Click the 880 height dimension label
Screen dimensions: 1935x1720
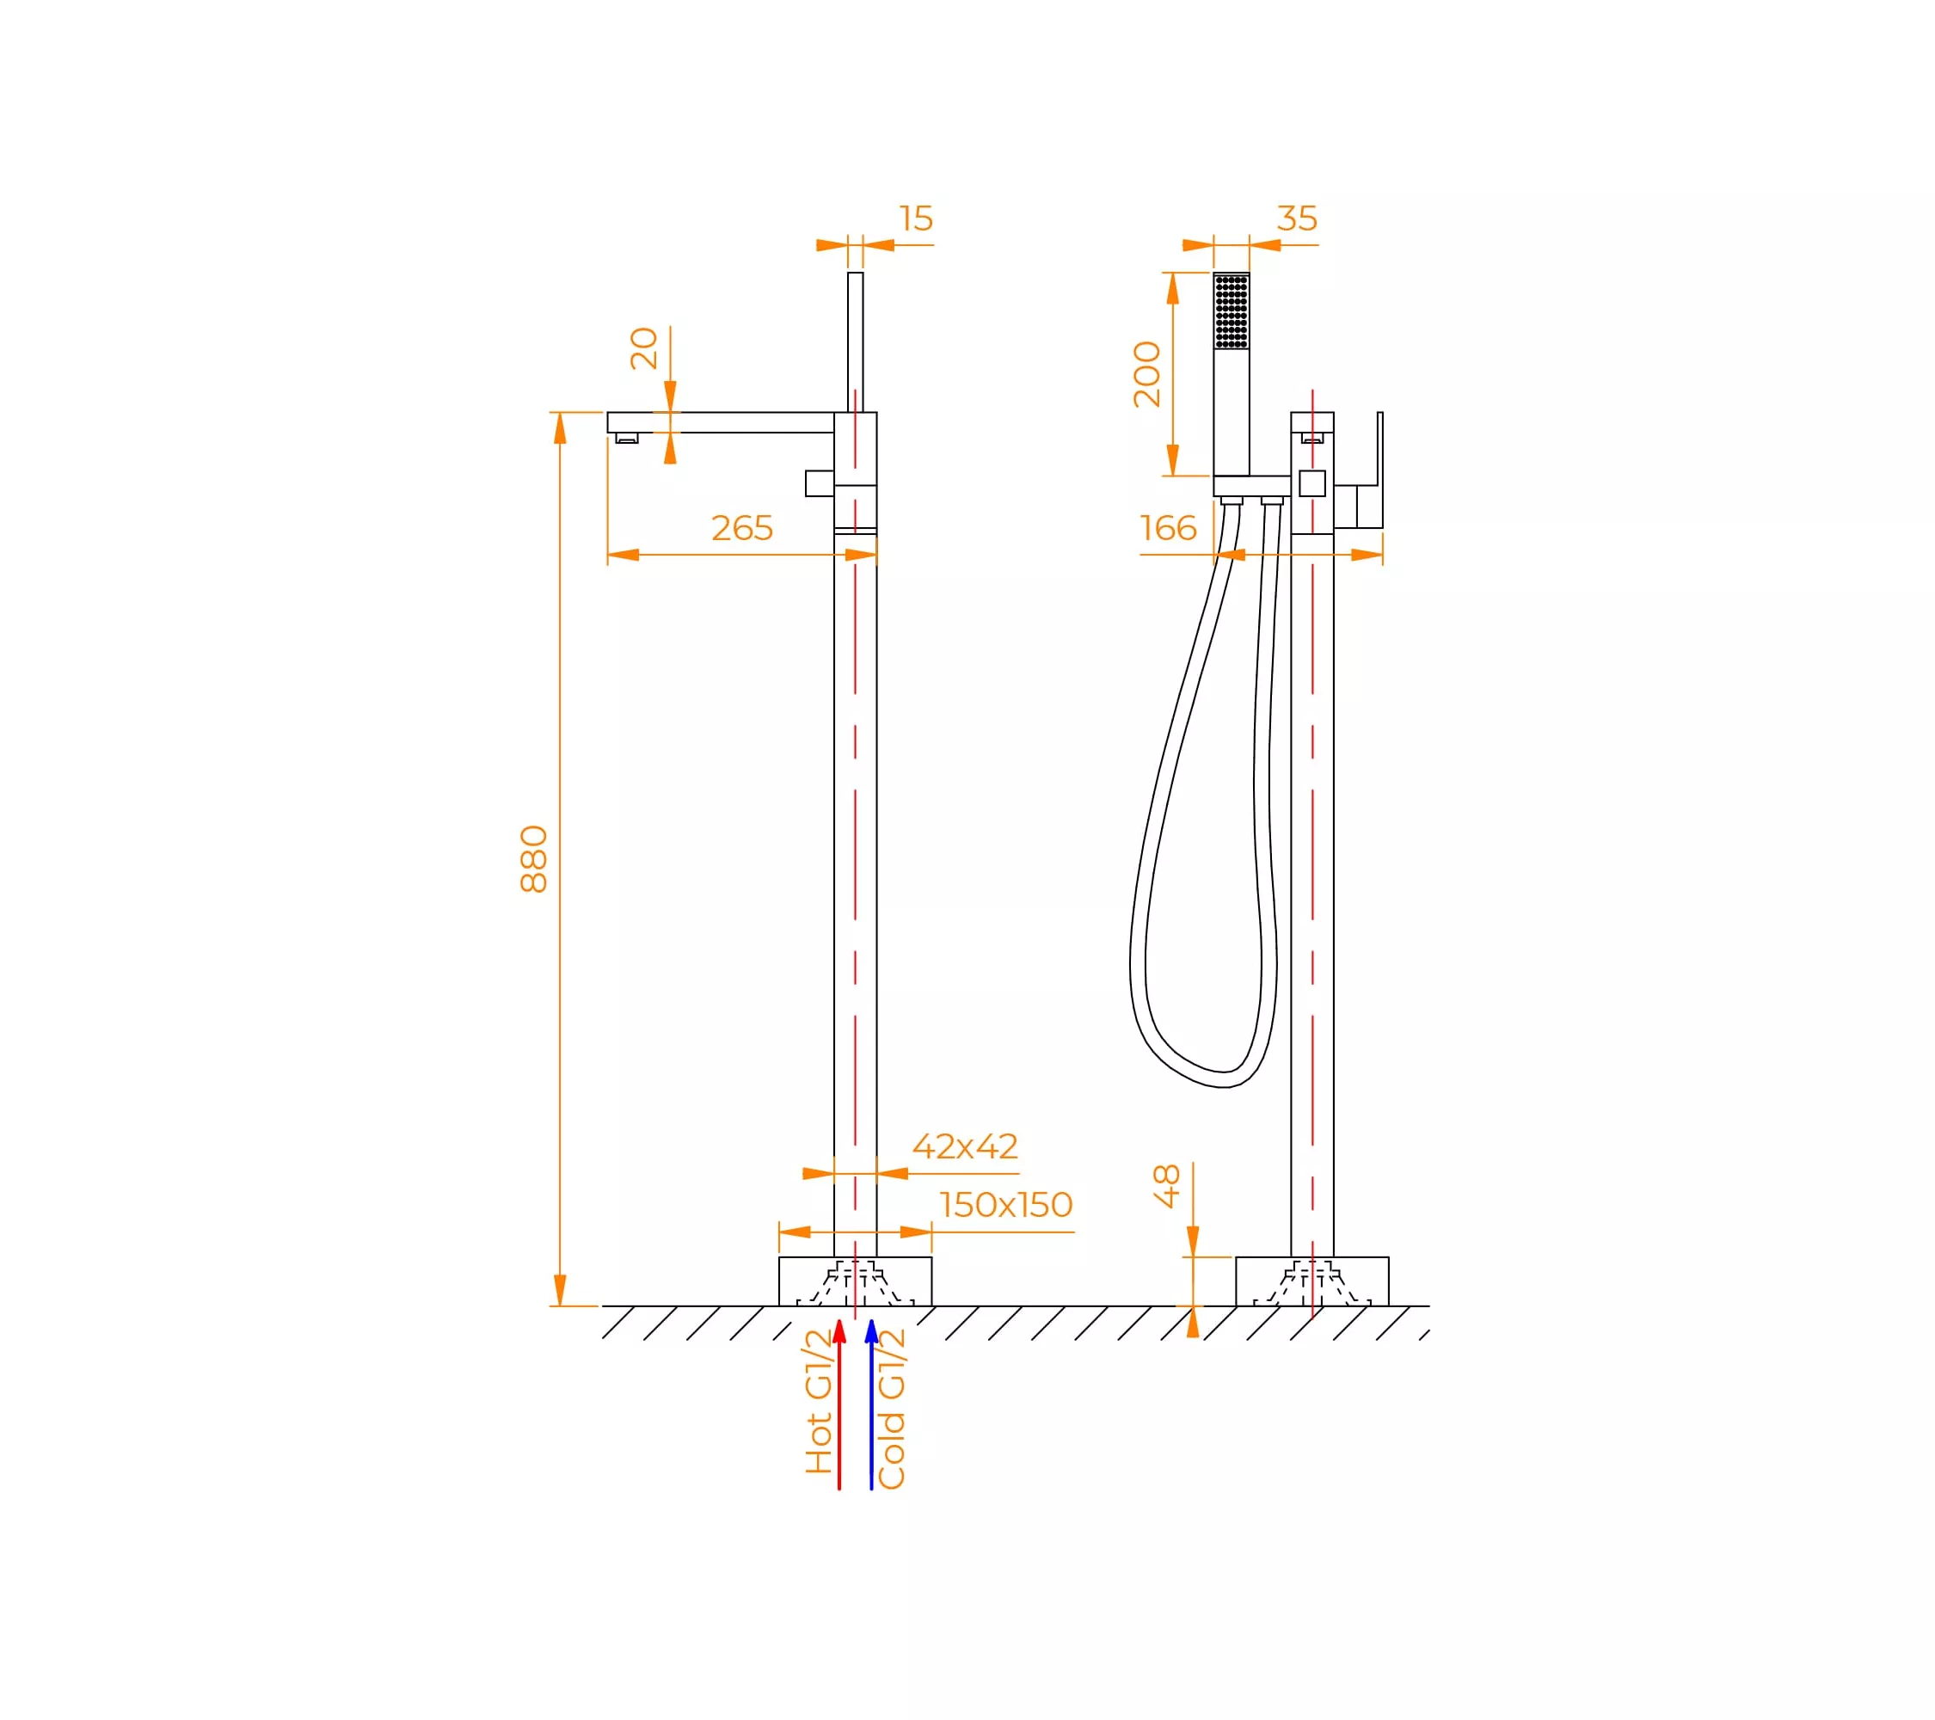[534, 858]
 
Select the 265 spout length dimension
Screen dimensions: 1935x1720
[742, 528]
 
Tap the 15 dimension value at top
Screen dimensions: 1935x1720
[917, 218]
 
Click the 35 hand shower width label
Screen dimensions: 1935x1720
[1297, 218]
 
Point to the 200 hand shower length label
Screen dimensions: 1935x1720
[1147, 374]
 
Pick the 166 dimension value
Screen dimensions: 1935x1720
[1168, 528]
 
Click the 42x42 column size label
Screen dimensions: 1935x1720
[965, 1146]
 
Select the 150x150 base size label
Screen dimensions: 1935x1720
[1005, 1205]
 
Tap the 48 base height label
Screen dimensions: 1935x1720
[1167, 1186]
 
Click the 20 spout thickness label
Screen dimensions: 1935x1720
[644, 348]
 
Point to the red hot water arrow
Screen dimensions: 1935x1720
[838, 1403]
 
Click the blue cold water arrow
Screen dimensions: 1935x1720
[871, 1403]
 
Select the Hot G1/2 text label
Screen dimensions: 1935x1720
[818, 1402]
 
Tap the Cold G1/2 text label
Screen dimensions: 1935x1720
[892, 1409]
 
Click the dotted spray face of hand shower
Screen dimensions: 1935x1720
[1232, 311]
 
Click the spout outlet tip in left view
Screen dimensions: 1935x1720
[627, 439]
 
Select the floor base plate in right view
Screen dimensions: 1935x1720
[1312, 1281]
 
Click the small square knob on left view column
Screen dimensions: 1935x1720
[820, 482]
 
